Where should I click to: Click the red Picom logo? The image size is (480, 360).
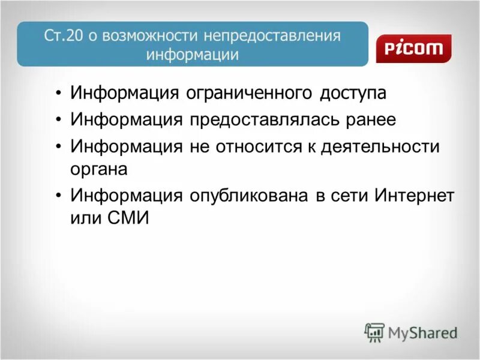413,49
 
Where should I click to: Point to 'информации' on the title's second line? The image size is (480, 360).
193,55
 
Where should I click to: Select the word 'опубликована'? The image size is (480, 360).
248,196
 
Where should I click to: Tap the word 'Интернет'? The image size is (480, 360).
414,196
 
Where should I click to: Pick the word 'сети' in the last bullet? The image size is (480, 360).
347,196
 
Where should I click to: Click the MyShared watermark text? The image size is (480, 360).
423,332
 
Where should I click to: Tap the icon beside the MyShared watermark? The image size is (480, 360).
374,332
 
